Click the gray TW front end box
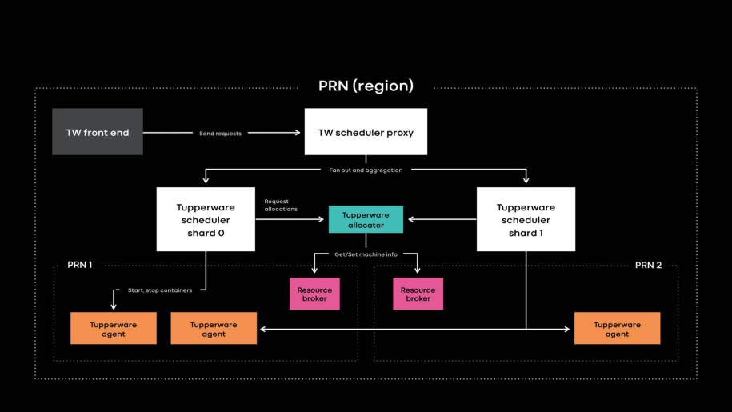[x=98, y=132]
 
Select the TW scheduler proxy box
[x=366, y=132]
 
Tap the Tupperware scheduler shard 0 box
[x=206, y=219]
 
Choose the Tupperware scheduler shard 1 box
[x=526, y=219]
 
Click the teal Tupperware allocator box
[x=366, y=219]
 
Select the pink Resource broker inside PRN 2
[x=418, y=294]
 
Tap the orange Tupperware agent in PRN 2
[x=617, y=329]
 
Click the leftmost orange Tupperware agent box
[x=114, y=329]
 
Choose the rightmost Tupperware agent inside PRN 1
[x=214, y=329]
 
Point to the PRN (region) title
[x=366, y=86]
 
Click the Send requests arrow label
[x=220, y=134]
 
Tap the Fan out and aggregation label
[x=366, y=170]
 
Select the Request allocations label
[x=281, y=205]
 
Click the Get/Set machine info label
[x=366, y=254]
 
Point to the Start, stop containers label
[x=160, y=290]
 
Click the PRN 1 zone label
[x=79, y=265]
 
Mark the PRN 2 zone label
[x=648, y=265]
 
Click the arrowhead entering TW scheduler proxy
[x=300, y=133]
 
